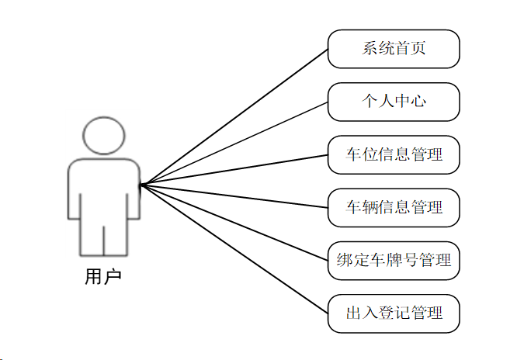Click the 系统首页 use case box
click(x=394, y=50)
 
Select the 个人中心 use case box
click(x=394, y=102)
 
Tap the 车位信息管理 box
click(x=394, y=154)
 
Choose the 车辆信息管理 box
click(x=394, y=207)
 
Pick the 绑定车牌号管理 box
click(x=394, y=260)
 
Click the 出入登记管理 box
click(x=394, y=313)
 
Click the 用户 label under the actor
click(x=103, y=276)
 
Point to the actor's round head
click(x=103, y=136)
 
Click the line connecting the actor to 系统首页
click(x=233, y=117)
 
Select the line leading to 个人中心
click(x=233, y=144)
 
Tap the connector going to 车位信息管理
click(x=233, y=170)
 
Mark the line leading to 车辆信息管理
click(x=233, y=196)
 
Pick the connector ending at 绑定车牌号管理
click(x=233, y=222)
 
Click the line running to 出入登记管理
click(x=233, y=248)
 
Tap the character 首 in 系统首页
click(x=404, y=50)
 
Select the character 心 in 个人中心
click(x=418, y=102)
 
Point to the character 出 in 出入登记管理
click(x=354, y=313)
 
